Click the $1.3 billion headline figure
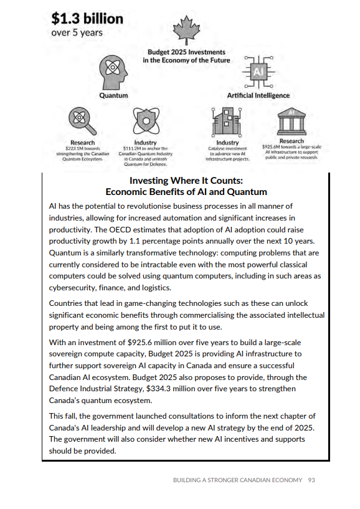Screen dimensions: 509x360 [x=87, y=18]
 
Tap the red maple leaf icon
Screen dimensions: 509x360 [x=185, y=29]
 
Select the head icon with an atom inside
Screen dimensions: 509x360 [x=113, y=71]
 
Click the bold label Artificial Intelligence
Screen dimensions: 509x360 [x=258, y=95]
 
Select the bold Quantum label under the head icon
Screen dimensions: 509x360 [x=113, y=95]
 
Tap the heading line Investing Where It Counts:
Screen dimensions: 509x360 [x=186, y=181]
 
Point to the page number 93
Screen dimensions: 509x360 [x=312, y=480]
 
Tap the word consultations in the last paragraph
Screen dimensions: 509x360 [x=199, y=416]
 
